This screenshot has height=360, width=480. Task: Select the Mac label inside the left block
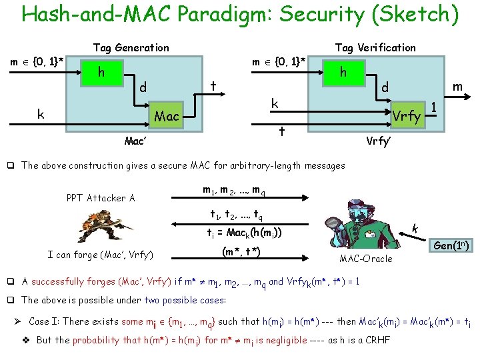point(167,117)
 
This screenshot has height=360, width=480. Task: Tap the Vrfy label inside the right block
point(407,117)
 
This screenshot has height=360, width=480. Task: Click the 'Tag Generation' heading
point(131,47)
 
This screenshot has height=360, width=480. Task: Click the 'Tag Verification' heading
point(375,47)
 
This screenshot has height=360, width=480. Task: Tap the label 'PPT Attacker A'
point(101,197)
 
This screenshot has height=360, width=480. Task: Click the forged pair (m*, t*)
point(240,251)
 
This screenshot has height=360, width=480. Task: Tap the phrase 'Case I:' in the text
point(45,321)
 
